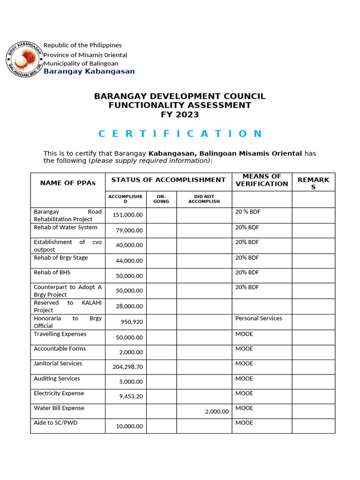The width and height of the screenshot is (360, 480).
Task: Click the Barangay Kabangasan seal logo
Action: coord(23,60)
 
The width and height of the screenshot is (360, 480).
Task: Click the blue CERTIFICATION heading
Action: coord(180,134)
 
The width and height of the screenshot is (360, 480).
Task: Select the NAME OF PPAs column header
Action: coord(67,183)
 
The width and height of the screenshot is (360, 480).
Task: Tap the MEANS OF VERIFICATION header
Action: coord(262,180)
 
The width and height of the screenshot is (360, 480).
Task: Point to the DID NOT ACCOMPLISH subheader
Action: coord(204,199)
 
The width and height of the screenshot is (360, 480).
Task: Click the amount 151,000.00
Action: coord(127,215)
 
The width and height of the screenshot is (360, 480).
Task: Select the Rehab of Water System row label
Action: coord(66,227)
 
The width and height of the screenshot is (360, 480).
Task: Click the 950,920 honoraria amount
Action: coord(133,322)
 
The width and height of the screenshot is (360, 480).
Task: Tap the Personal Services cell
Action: coord(258,318)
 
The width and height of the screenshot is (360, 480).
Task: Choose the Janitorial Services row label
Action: coord(58,363)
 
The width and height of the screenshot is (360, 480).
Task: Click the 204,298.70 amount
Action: coord(127,367)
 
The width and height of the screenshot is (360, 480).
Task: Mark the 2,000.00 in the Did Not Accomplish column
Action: coord(217,412)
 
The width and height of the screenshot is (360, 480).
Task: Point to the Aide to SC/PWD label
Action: coord(55,423)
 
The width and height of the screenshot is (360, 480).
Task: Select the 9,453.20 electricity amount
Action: coord(131,396)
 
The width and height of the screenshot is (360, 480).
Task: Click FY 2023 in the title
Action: coord(180,114)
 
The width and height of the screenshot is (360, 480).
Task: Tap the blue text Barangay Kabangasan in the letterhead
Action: coord(89,71)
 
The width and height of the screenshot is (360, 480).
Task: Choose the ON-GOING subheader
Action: coord(161,199)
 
